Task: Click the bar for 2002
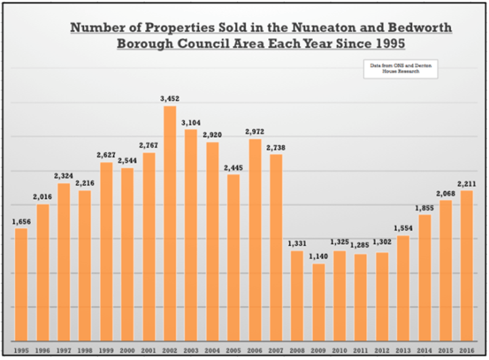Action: [x=170, y=223]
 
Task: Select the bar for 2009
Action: [x=318, y=302]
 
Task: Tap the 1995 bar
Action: [x=22, y=284]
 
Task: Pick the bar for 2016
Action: [x=467, y=266]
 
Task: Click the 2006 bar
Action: [x=255, y=240]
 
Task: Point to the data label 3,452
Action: [x=170, y=99]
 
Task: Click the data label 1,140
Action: [x=318, y=257]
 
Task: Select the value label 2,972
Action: [x=255, y=132]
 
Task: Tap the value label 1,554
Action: [x=403, y=229]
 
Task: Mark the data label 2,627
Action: [x=106, y=155]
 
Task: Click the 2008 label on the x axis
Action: [x=297, y=351]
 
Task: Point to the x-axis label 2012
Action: [x=382, y=351]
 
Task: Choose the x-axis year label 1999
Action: [x=106, y=351]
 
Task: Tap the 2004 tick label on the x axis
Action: [x=212, y=351]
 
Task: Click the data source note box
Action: [x=400, y=68]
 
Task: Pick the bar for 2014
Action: [x=425, y=278]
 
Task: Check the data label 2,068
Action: [x=446, y=194]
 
